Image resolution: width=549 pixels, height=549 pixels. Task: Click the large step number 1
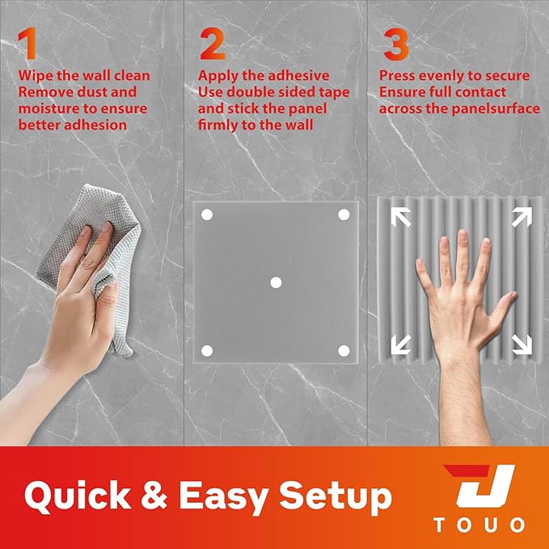(27, 44)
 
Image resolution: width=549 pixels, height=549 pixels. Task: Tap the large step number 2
(212, 44)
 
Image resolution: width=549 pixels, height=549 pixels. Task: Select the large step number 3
(396, 44)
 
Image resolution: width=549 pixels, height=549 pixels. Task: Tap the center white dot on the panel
(276, 282)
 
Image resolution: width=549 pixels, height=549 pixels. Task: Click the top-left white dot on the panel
(207, 214)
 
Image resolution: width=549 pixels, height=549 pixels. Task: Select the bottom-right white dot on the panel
(344, 350)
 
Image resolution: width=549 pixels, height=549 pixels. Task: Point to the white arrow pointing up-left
(401, 217)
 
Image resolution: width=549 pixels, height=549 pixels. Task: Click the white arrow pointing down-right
(522, 344)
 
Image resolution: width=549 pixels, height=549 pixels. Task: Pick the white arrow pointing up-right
(522, 217)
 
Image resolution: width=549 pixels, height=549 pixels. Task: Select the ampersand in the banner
(154, 495)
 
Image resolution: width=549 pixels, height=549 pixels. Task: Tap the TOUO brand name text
(479, 526)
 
